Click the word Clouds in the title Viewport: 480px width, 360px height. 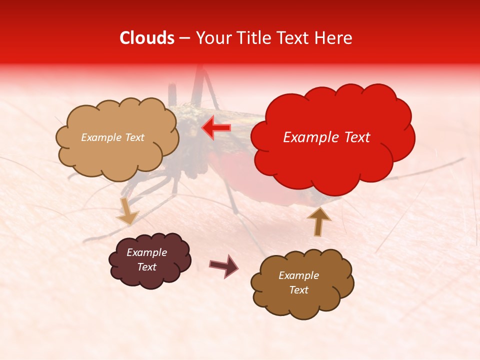coord(147,38)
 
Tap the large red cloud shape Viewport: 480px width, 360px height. coord(332,150)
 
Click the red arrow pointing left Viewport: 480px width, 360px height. coord(216,128)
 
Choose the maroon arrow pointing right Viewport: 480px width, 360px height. coord(224,265)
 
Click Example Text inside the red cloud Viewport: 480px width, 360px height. coord(326,137)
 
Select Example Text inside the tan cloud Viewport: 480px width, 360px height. coord(112,137)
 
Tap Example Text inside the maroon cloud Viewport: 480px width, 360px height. coord(147,260)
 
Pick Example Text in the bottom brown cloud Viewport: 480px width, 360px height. coord(298,282)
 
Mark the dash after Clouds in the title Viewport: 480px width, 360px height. coord(184,38)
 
